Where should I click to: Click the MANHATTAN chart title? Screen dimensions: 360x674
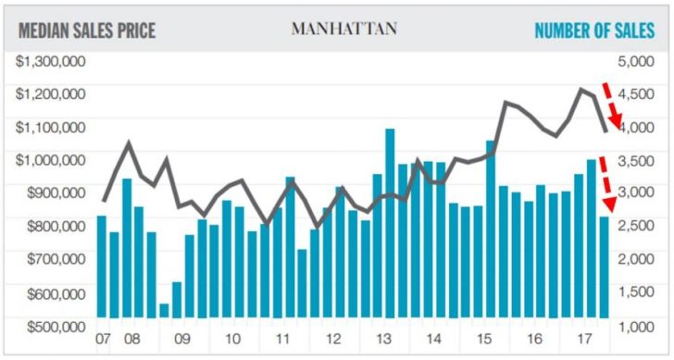pyautogui.click(x=344, y=29)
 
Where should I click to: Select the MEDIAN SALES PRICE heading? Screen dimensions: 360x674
pyautogui.click(x=87, y=31)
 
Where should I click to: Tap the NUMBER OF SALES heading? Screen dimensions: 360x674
pyautogui.click(x=594, y=31)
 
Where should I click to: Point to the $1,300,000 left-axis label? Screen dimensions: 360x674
pyautogui.click(x=52, y=61)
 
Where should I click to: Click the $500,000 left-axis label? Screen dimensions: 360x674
pyautogui.click(x=52, y=327)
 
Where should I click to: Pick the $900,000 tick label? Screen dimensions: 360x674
pyautogui.click(x=52, y=193)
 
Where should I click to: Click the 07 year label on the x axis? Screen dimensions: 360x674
pyautogui.click(x=103, y=338)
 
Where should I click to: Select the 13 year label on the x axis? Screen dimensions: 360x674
pyautogui.click(x=383, y=338)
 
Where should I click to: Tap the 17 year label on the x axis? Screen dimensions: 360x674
pyautogui.click(x=585, y=338)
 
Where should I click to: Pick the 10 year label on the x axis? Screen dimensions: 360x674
pyautogui.click(x=232, y=338)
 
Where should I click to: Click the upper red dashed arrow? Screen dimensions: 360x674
pyautogui.click(x=610, y=106)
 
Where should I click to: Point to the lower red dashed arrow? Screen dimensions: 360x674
pyautogui.click(x=607, y=184)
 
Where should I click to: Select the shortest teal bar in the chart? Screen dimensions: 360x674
pyautogui.click(x=164, y=310)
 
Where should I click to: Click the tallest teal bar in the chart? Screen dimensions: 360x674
pyautogui.click(x=390, y=223)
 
